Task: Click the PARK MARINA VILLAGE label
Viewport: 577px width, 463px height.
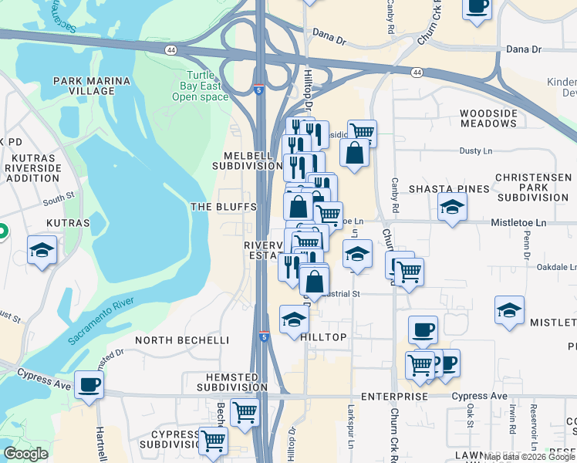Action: pyautogui.click(x=83, y=86)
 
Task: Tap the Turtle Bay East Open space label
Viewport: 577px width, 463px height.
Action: pyautogui.click(x=201, y=86)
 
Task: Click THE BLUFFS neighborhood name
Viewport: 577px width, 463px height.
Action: pyautogui.click(x=224, y=207)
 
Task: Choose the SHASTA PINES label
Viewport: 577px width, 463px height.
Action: pyautogui.click(x=449, y=189)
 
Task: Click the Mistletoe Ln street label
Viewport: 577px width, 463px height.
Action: pyautogui.click(x=518, y=223)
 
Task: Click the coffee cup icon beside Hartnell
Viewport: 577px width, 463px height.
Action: pyautogui.click(x=89, y=384)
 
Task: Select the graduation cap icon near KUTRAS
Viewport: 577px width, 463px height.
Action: pyautogui.click(x=42, y=249)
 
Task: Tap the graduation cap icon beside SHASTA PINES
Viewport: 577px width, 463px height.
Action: pyautogui.click(x=452, y=206)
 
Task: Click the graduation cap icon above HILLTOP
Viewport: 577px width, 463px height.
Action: pyautogui.click(x=294, y=319)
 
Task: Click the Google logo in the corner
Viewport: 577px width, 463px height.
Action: pyautogui.click(x=25, y=454)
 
